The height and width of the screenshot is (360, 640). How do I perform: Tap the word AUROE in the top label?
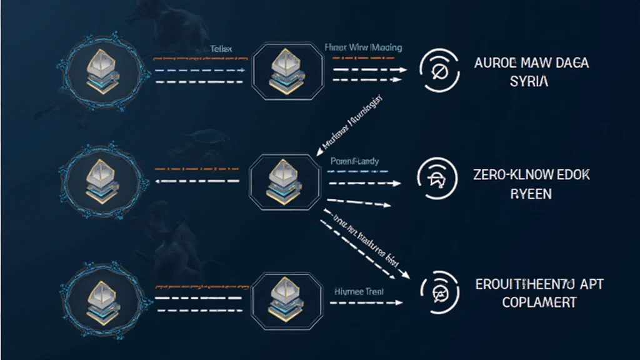click(492, 64)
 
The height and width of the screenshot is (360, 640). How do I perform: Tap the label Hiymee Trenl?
click(360, 291)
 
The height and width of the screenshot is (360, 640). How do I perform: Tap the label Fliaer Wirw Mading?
click(363, 47)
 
